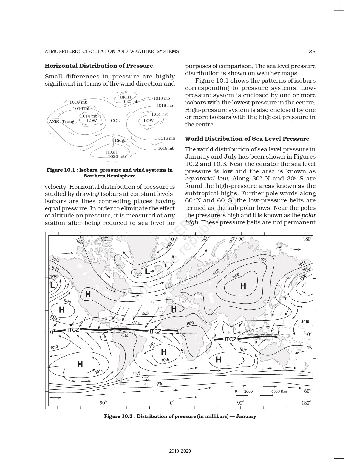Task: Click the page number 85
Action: [x=312, y=52]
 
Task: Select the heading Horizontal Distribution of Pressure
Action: [x=99, y=66]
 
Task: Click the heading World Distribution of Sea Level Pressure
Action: [x=247, y=139]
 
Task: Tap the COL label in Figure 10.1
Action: [x=115, y=120]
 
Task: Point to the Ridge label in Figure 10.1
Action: [x=120, y=140]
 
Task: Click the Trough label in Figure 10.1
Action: [x=69, y=122]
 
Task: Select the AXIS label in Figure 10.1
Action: [x=54, y=122]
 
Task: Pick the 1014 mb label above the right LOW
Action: [x=160, y=114]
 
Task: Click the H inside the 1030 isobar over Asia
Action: [x=243, y=286]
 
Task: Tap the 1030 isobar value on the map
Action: [x=236, y=275]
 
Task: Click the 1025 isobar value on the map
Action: [x=263, y=260]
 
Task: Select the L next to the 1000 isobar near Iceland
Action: [x=147, y=272]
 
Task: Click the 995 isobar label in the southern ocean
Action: [x=159, y=384]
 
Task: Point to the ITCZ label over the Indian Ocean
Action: [x=230, y=339]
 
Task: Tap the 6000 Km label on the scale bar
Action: [x=279, y=391]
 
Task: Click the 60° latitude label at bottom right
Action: [x=308, y=391]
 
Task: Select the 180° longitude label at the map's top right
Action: [x=307, y=239]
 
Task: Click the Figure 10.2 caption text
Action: [x=180, y=416]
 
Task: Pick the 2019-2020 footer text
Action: [x=180, y=451]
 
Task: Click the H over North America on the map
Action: [x=88, y=294]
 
